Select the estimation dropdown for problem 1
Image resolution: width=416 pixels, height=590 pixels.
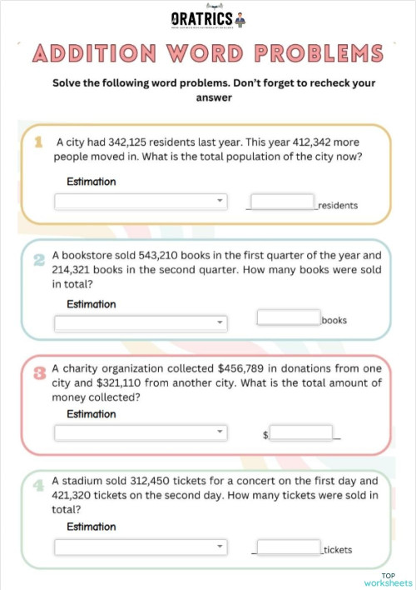(x=141, y=201)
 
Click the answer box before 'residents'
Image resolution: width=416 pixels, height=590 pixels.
(x=282, y=202)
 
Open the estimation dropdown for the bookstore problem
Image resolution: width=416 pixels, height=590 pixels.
(x=141, y=322)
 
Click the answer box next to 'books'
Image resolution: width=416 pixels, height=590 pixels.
(x=289, y=317)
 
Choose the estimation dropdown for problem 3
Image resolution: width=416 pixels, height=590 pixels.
(x=141, y=432)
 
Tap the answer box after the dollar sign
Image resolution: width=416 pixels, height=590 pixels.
(x=301, y=432)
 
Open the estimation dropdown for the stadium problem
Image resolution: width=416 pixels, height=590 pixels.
(x=141, y=547)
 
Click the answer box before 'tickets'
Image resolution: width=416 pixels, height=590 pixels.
(x=288, y=547)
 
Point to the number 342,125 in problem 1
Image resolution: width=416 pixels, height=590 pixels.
(x=136, y=142)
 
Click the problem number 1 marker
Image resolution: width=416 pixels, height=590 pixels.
(x=38, y=143)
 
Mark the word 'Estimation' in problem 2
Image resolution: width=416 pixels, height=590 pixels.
(x=91, y=304)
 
